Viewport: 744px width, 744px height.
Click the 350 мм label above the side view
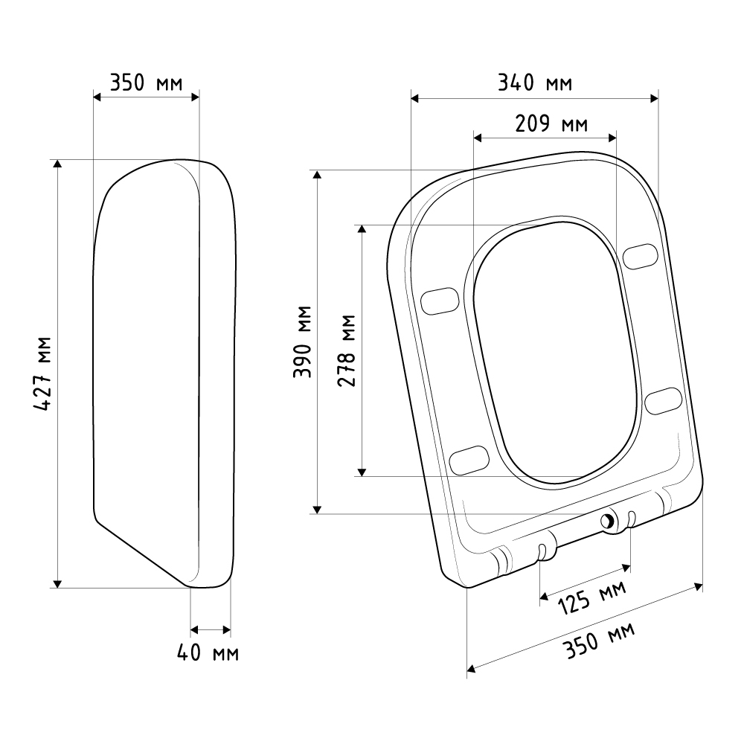coord(146,83)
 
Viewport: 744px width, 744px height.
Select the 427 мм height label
coord(42,373)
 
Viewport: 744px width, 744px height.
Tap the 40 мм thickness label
coord(208,653)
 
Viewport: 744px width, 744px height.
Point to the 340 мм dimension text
coord(535,83)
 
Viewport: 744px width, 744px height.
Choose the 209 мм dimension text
coord(551,124)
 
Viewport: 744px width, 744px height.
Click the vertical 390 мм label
coord(302,341)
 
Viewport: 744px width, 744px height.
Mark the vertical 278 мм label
coord(347,350)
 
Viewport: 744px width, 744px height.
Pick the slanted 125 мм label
coord(592,598)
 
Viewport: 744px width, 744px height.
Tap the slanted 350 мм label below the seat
coord(599,641)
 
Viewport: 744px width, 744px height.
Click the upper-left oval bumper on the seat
coord(440,301)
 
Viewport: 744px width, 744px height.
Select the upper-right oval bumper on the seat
coord(641,256)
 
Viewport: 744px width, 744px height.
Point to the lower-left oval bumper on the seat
coord(469,460)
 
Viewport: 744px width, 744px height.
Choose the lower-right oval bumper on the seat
coord(664,400)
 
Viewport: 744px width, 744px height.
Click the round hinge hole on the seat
coord(607,522)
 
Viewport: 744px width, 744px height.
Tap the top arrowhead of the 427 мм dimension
coord(57,164)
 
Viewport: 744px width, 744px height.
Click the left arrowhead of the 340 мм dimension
coord(415,99)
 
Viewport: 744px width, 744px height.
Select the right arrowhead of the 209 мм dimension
coord(612,138)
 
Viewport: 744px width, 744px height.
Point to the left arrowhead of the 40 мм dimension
coord(194,630)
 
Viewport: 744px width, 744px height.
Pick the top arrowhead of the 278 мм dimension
coord(362,229)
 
